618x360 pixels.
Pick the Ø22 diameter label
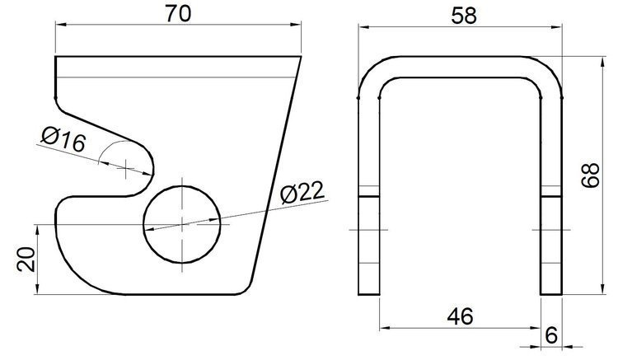302,194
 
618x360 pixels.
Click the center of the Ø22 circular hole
182,223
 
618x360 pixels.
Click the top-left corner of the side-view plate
56,57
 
